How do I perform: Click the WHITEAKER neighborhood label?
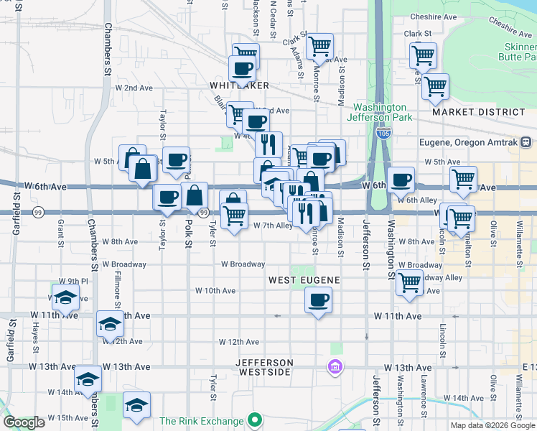tap(240, 85)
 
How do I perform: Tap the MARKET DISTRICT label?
tap(479, 113)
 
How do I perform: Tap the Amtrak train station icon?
tap(526, 142)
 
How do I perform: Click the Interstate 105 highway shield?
tap(383, 134)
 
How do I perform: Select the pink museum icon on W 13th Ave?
tap(334, 367)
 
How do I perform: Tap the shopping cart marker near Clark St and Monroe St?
tap(319, 46)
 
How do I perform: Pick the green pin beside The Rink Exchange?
tap(253, 420)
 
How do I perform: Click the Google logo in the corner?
tap(24, 422)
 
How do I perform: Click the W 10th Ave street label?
tap(215, 291)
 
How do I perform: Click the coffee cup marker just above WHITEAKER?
tap(242, 69)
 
